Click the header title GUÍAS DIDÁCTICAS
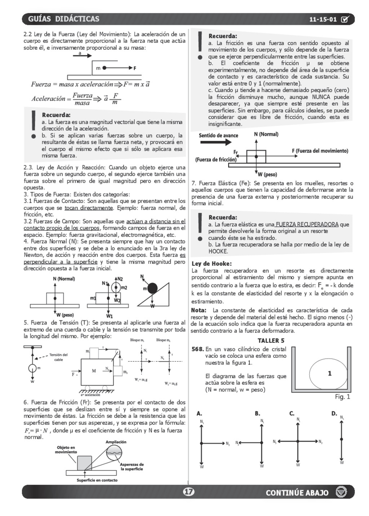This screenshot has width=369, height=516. tap(63, 19)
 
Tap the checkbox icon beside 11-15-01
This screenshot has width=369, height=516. tap(344, 19)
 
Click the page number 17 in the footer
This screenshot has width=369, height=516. tap(188, 491)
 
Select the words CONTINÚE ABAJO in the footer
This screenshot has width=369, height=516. tap(297, 493)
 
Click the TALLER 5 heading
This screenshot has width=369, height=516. tap(271, 340)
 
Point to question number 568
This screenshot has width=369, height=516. tap(197, 349)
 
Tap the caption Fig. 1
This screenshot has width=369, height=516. tap(342, 397)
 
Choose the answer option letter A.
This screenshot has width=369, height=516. tap(199, 414)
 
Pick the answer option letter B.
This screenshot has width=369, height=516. tap(257, 414)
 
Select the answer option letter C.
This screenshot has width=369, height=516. tap(292, 414)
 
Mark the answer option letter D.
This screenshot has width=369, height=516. tap(334, 414)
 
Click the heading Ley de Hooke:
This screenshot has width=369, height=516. tap(212, 264)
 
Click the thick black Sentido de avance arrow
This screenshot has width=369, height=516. tap(216, 142)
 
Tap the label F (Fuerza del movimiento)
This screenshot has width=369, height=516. tap(320, 151)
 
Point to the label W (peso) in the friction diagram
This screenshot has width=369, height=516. tap(267, 175)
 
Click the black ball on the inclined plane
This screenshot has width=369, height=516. tap(152, 288)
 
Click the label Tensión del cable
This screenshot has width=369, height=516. tap(58, 357)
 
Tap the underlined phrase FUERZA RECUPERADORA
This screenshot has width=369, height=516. tap(307, 224)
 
